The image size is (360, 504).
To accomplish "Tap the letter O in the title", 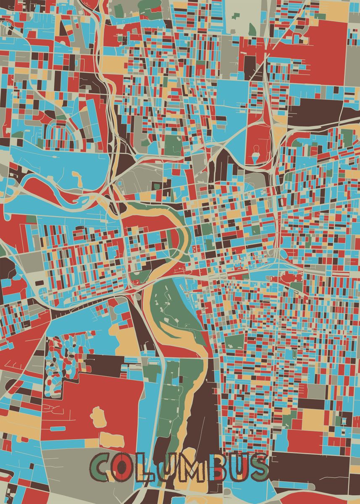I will [121, 467].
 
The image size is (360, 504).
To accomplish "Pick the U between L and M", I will [163, 467].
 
